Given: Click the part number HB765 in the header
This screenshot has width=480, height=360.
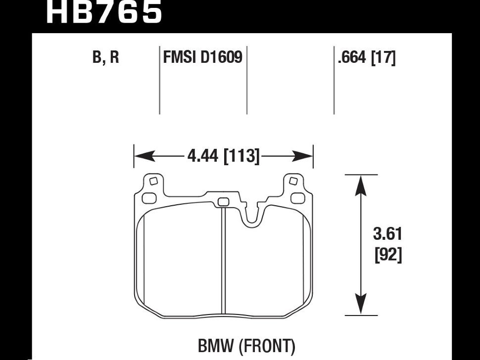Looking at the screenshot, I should (x=103, y=12).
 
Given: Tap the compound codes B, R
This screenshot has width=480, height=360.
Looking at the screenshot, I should (x=105, y=58).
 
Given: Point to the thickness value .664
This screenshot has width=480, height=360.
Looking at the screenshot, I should (x=351, y=58).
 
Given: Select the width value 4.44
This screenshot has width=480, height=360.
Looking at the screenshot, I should (x=204, y=157).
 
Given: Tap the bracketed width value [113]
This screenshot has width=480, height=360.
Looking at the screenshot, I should (x=242, y=157).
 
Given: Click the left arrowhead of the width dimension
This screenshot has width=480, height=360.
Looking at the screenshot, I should (x=141, y=157).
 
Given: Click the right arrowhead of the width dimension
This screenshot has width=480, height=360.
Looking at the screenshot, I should (x=306, y=157).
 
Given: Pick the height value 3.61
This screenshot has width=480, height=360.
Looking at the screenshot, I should (x=387, y=233).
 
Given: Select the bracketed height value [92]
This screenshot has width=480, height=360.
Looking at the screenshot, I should (x=387, y=256).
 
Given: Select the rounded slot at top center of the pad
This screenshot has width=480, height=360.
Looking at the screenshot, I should (x=224, y=201).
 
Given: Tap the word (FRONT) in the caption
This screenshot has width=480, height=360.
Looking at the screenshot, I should (x=267, y=346).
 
